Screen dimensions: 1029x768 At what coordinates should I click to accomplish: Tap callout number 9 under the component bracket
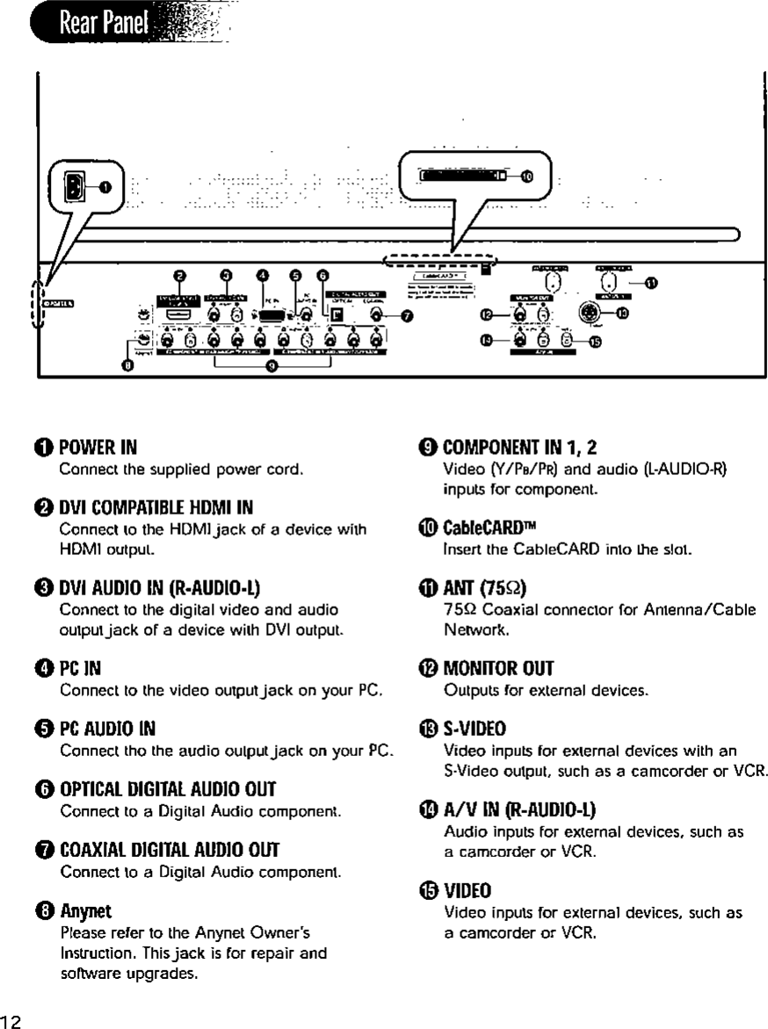click(x=272, y=368)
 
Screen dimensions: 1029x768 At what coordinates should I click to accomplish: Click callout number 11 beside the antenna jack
click(x=651, y=283)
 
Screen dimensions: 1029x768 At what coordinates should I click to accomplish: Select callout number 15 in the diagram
click(x=595, y=343)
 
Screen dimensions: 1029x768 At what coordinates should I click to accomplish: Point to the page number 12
click(x=11, y=1018)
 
